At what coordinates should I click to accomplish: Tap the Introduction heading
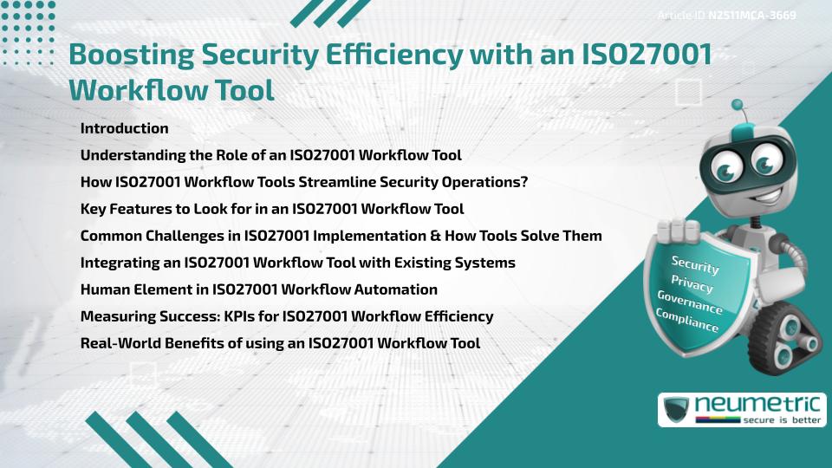click(124, 128)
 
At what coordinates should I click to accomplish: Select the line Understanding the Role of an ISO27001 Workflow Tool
click(270, 155)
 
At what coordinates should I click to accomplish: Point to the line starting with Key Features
click(271, 209)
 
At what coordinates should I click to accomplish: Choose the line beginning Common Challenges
click(341, 236)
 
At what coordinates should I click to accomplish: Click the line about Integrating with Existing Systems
click(297, 263)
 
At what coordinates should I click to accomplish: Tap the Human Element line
click(258, 289)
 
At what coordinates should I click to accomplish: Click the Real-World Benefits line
click(280, 343)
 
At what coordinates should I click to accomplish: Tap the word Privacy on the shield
click(692, 283)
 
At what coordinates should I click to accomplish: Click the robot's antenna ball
click(738, 106)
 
